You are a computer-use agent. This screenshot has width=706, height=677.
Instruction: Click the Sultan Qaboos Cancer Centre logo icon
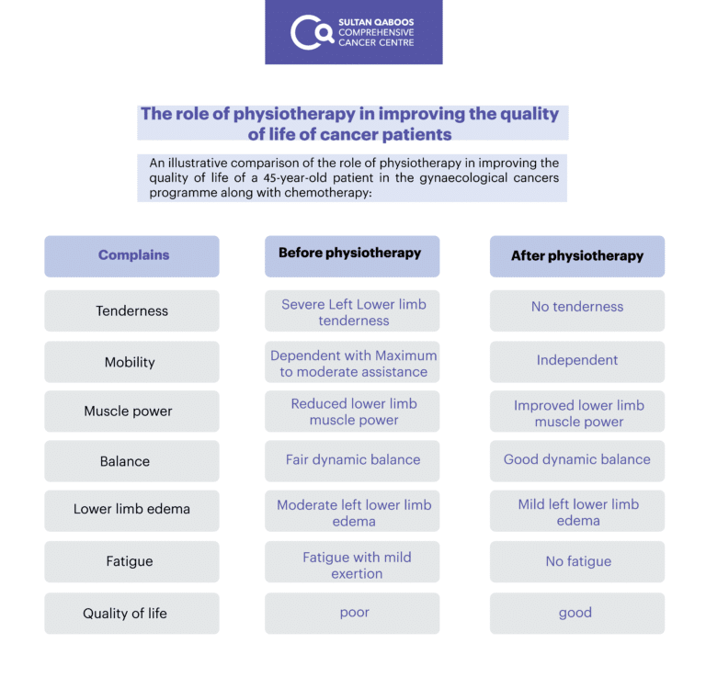[x=312, y=32]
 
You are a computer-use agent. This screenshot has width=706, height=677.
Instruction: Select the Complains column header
[x=132, y=256]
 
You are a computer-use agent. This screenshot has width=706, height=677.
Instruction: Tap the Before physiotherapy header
[x=352, y=256]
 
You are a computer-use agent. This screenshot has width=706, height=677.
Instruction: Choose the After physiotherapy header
[x=577, y=256]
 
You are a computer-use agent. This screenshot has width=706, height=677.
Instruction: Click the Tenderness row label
[x=132, y=310]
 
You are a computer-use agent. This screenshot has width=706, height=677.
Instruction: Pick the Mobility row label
[x=132, y=362]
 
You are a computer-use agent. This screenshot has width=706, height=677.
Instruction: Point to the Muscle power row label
[x=132, y=412]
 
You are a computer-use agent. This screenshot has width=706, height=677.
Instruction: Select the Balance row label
[x=132, y=461]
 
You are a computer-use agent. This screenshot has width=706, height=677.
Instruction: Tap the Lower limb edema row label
[x=132, y=511]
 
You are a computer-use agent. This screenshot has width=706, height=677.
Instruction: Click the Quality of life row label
[x=132, y=613]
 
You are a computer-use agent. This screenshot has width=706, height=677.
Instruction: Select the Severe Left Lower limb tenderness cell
[x=352, y=310]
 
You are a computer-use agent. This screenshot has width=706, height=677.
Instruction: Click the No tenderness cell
[x=577, y=310]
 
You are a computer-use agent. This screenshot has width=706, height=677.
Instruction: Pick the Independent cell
[x=577, y=362]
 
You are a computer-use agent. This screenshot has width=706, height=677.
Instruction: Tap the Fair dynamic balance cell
[x=352, y=461]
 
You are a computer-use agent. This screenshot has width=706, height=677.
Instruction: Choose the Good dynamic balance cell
[x=577, y=461]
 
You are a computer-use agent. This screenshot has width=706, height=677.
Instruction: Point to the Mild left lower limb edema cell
[x=577, y=511]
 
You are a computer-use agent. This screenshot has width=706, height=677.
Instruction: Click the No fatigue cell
[x=577, y=562]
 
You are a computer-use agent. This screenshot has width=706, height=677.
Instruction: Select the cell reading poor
[x=352, y=613]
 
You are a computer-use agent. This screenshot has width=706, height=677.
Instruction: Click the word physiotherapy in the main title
[x=294, y=114]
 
